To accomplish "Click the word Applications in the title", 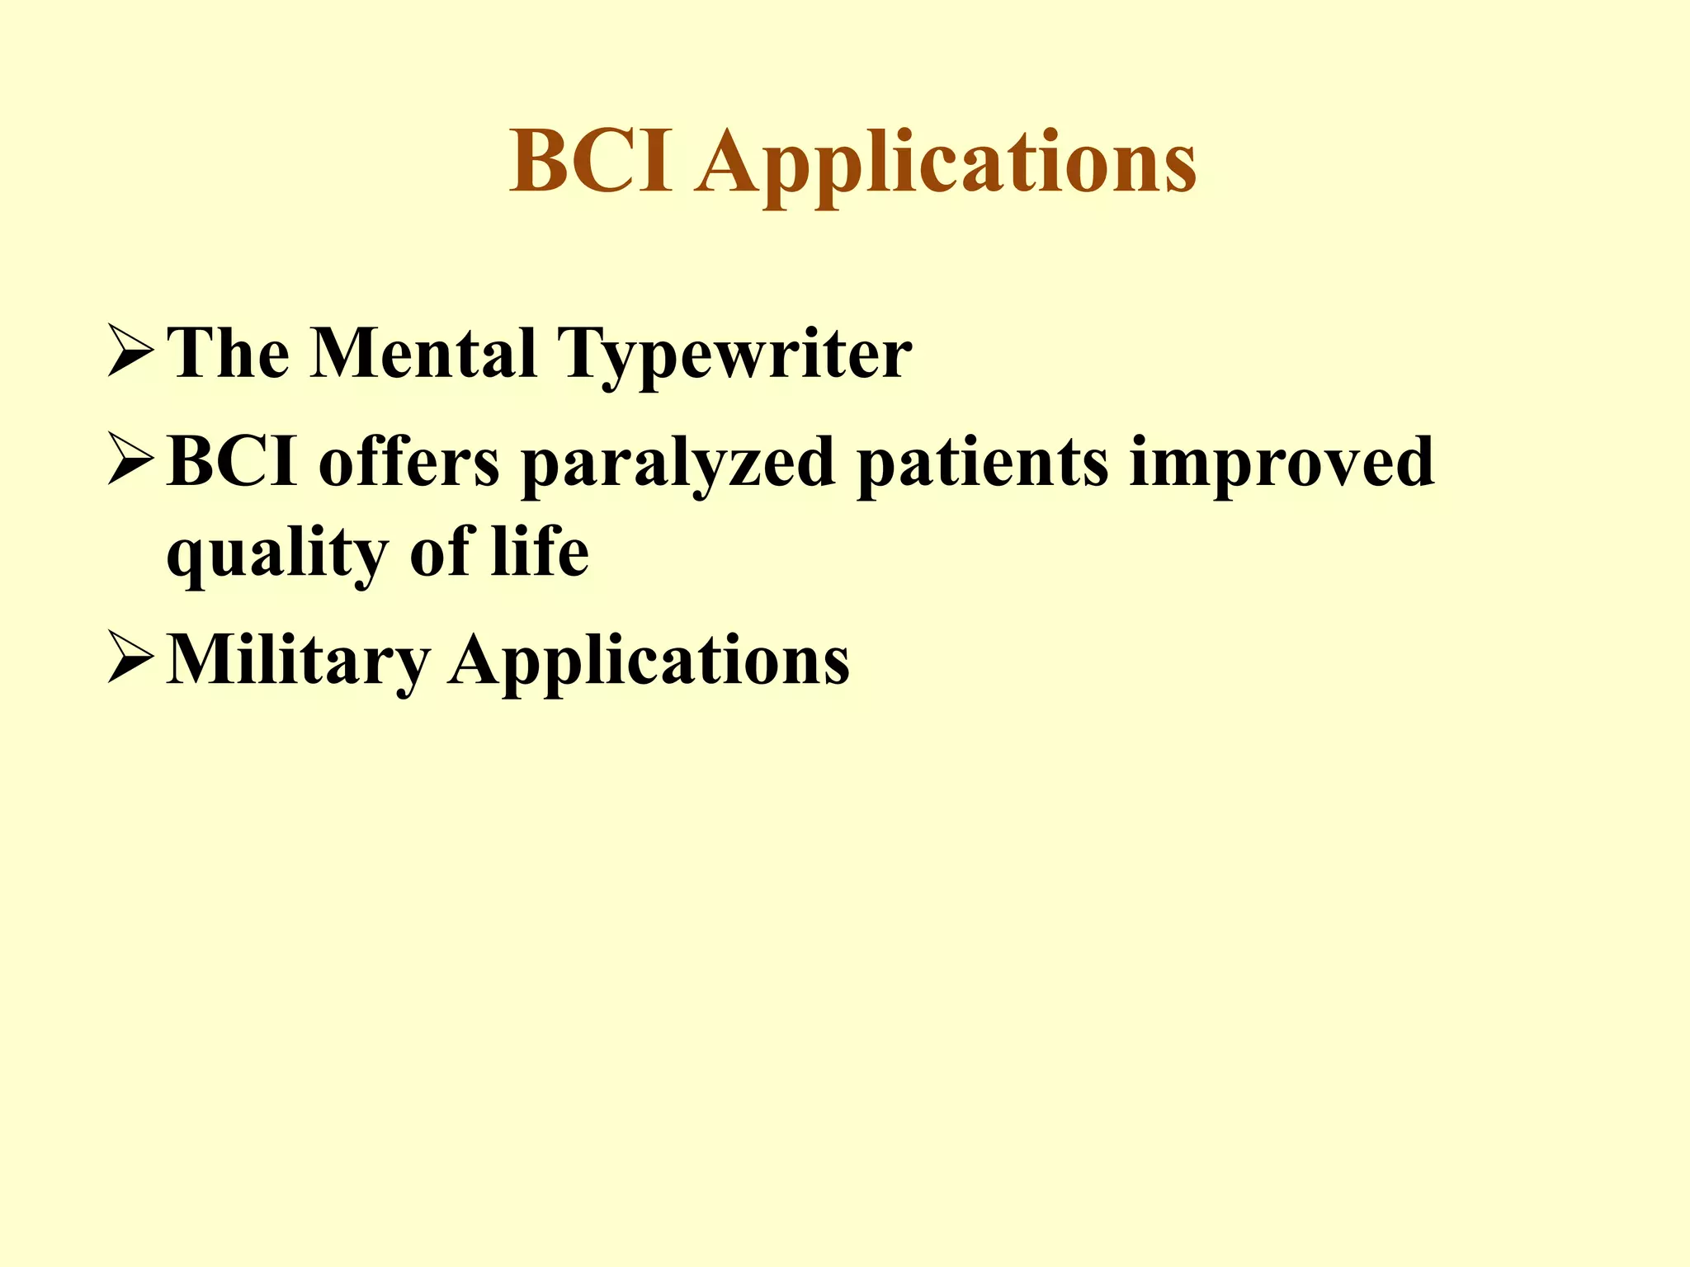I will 946,165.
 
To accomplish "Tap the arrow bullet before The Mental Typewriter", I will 130,353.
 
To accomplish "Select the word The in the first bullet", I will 228,353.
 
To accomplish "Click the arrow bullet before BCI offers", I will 130,462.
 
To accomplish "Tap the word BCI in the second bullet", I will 232,462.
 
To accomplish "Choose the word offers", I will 409,462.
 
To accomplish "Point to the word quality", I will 277,555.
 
